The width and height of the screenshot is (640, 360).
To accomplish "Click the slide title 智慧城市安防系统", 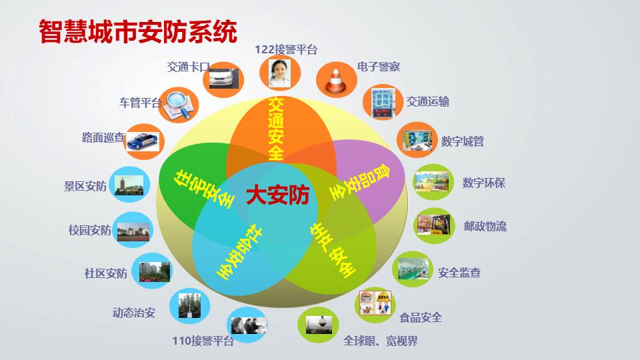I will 138,31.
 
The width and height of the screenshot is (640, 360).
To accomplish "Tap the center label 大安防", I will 277,195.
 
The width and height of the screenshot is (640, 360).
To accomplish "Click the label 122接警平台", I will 286,49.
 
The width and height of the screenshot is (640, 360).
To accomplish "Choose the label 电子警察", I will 379,67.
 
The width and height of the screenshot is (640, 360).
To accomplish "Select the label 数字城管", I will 463,141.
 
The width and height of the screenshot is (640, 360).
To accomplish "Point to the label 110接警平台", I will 203,341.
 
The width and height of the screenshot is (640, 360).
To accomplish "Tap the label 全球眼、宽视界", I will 381,341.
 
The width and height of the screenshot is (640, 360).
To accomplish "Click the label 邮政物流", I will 485,226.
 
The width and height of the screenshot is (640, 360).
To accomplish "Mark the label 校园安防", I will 89,231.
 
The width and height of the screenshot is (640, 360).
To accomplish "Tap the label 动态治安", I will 133,312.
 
